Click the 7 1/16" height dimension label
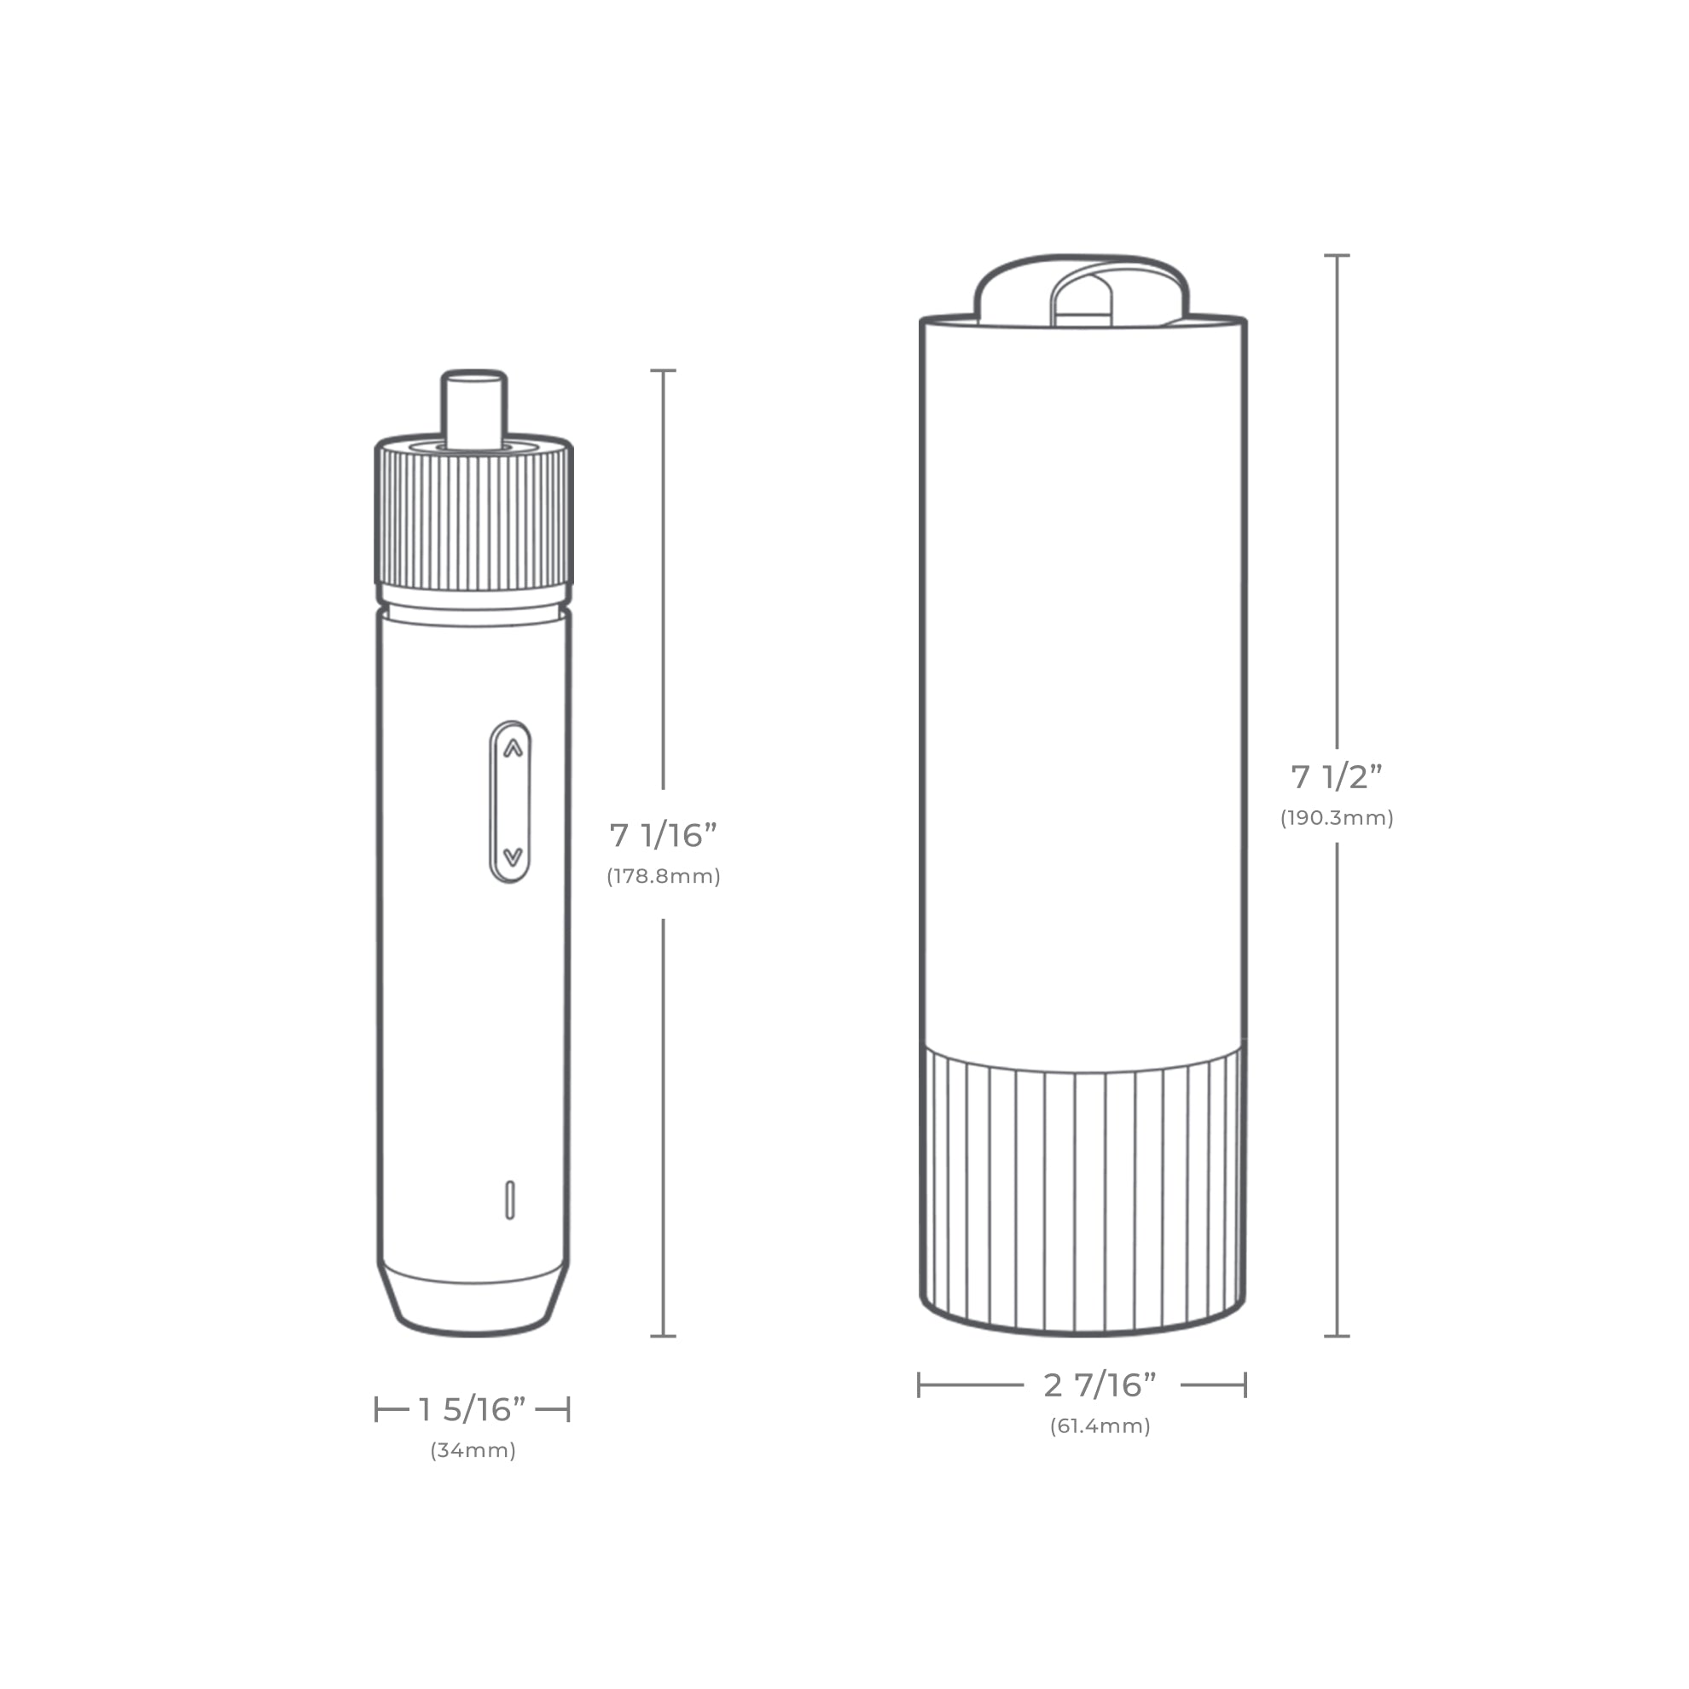click(664, 835)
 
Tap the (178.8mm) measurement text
click(664, 876)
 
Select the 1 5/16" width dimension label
click(472, 1409)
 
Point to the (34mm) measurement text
click(473, 1450)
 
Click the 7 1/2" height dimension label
click(1337, 776)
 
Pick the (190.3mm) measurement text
click(1337, 817)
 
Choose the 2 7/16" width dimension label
click(1100, 1384)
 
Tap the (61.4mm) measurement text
click(1100, 1426)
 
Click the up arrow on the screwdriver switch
click(513, 748)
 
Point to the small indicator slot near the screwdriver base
click(509, 1199)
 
